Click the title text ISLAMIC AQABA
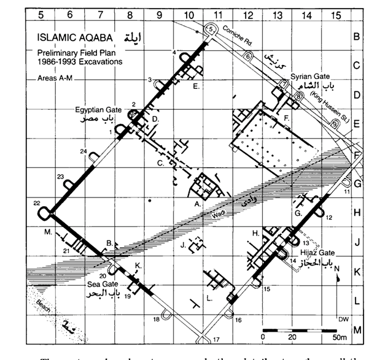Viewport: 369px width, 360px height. click(x=69, y=37)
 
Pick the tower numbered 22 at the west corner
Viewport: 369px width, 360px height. click(x=44, y=212)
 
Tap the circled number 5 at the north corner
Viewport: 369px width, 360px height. click(x=210, y=29)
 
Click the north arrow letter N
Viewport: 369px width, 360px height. click(x=337, y=268)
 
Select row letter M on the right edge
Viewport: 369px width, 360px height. click(x=357, y=331)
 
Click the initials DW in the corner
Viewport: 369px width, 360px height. click(x=342, y=319)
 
